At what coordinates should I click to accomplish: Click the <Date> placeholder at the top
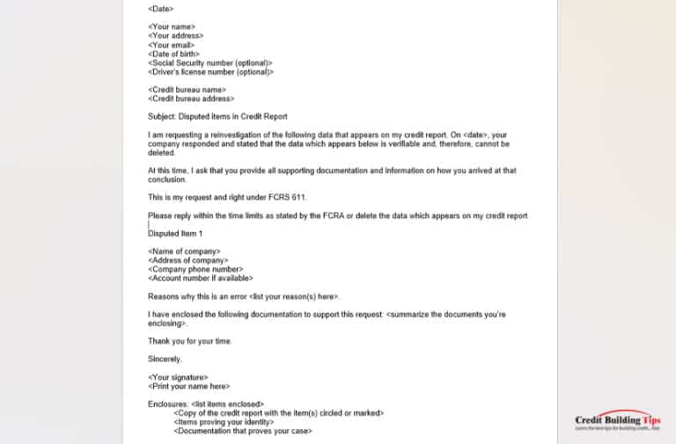160,9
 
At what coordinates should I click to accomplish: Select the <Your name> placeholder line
173,27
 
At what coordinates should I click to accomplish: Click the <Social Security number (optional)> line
210,63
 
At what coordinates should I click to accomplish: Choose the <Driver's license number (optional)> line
211,72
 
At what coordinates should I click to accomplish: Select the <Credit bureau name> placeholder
187,90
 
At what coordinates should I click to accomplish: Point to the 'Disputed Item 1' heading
175,234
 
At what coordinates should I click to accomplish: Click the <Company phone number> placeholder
195,270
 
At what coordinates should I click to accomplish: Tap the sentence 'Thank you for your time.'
189,341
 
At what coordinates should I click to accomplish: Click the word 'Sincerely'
165,359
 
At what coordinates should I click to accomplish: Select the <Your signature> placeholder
179,377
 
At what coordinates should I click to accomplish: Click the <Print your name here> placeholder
189,386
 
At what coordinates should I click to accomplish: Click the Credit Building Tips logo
616,422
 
